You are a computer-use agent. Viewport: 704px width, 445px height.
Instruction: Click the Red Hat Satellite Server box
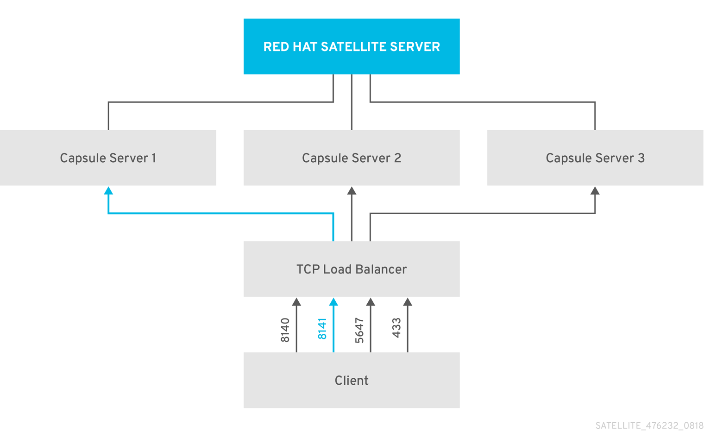[x=352, y=46]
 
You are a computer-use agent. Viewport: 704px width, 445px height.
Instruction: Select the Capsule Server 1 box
[x=108, y=158]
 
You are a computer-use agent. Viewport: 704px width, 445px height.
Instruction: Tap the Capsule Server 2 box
[x=352, y=158]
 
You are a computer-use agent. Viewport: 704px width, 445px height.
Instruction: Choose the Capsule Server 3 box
[x=595, y=158]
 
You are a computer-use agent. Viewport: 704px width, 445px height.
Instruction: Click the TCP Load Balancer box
[x=352, y=269]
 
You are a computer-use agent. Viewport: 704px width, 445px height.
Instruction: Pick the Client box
[x=352, y=381]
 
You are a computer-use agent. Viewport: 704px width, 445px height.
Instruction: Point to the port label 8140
[x=285, y=330]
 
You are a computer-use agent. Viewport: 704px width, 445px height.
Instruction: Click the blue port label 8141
[x=322, y=329]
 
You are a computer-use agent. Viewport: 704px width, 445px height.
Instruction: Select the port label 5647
[x=359, y=330]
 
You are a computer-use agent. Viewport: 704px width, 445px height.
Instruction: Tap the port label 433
[x=396, y=328]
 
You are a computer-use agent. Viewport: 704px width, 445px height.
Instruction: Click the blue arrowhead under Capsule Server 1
[x=108, y=191]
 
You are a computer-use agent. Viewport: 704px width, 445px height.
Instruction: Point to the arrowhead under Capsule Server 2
[x=352, y=191]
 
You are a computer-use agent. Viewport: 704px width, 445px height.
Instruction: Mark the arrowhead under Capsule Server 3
[x=595, y=191]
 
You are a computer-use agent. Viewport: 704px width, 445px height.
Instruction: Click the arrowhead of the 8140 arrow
[x=296, y=302]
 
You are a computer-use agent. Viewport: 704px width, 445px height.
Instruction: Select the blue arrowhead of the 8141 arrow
[x=333, y=302]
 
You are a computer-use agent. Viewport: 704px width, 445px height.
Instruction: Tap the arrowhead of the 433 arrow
[x=408, y=302]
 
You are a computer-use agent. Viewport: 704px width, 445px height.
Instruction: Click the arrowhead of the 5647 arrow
[x=371, y=302]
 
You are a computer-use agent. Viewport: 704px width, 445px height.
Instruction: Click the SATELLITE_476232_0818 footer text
[x=649, y=426]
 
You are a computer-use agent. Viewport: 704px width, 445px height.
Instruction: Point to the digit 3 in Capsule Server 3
[x=641, y=158]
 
